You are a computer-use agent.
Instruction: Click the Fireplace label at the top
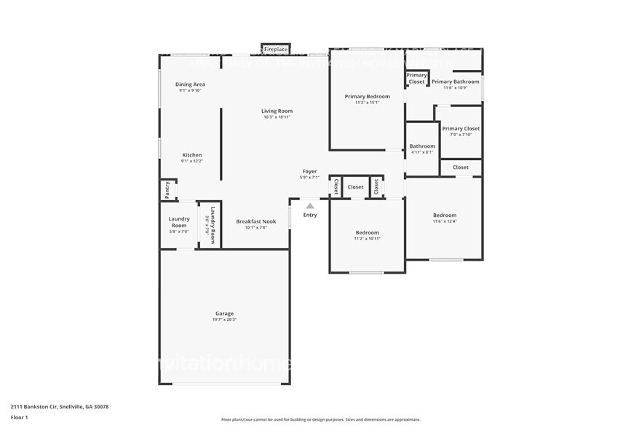(x=276, y=49)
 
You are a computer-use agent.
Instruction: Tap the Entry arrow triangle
(x=310, y=206)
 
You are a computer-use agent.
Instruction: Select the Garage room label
(x=224, y=314)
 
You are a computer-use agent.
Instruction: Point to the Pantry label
(x=167, y=190)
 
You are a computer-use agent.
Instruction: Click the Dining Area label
(x=190, y=84)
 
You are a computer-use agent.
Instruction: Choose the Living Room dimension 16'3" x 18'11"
(x=277, y=117)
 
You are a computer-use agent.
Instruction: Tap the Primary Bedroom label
(x=367, y=96)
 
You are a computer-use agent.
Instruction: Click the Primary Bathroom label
(x=455, y=82)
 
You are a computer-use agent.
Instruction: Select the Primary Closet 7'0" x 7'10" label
(x=461, y=129)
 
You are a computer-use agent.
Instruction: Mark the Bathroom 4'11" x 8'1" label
(x=422, y=146)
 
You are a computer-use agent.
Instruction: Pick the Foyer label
(x=309, y=171)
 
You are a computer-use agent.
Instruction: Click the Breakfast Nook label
(x=255, y=221)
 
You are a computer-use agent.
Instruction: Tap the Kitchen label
(x=192, y=155)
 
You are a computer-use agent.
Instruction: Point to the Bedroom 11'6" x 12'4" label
(x=444, y=215)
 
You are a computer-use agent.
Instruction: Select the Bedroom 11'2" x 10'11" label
(x=367, y=233)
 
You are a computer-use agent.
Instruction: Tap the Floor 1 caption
(x=19, y=417)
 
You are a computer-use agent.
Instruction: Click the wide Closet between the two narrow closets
(x=355, y=187)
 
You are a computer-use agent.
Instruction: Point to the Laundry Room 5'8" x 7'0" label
(x=179, y=222)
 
